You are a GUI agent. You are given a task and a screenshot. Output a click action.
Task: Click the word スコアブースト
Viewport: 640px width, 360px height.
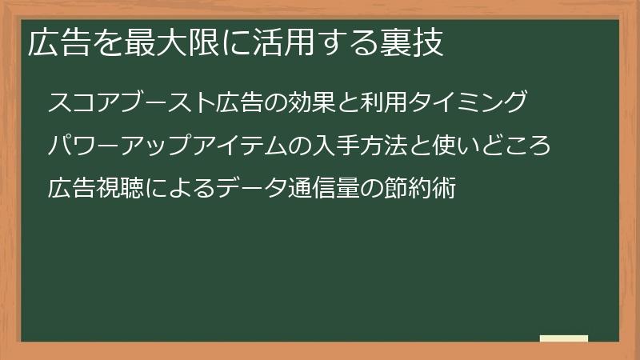(x=131, y=102)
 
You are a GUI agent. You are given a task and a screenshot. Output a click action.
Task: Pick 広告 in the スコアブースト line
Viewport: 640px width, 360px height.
(x=239, y=102)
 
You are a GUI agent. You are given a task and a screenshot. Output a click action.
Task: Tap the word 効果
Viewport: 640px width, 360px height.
(x=312, y=102)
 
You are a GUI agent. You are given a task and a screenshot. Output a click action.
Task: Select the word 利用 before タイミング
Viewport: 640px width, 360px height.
(x=384, y=102)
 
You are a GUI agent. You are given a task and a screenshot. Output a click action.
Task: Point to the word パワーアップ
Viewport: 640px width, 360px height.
(x=119, y=146)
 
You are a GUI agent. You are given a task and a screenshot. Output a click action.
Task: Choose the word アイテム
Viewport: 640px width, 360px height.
(x=240, y=146)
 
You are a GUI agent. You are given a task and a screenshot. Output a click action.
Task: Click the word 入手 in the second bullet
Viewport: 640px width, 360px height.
(x=336, y=146)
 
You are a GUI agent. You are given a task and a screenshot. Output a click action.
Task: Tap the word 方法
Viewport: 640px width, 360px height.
(x=384, y=146)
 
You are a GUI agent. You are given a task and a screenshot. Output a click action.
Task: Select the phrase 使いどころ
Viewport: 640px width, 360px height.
(x=492, y=146)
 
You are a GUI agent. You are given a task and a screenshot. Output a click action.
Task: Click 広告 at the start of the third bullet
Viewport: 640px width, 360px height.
(x=71, y=188)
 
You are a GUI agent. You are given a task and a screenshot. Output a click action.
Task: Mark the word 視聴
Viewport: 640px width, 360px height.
(x=119, y=188)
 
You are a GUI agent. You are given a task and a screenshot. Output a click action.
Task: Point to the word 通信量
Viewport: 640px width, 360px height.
(x=324, y=188)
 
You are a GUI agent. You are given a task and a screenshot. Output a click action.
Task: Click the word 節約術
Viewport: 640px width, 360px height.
(x=419, y=188)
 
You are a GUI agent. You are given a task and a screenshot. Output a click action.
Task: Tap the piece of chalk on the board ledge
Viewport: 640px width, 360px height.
(x=564, y=338)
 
